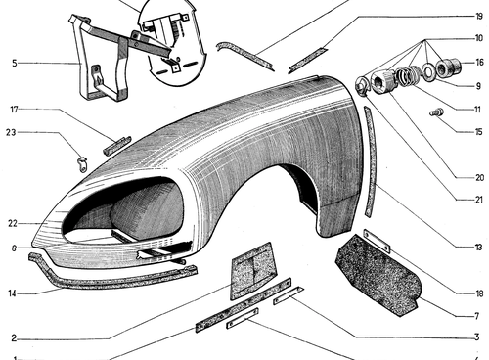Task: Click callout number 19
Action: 478,17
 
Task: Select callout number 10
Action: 478,38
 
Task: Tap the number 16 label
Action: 479,63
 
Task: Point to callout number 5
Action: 15,63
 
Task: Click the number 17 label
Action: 14,110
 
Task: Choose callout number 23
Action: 11,132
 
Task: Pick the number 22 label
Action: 13,224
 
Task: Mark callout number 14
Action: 12,293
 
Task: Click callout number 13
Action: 478,247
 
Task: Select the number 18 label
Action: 479,293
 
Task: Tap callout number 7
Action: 477,316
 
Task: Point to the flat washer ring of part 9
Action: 427,71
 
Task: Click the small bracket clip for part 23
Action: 83,163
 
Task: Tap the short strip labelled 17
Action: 116,146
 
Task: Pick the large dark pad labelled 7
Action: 378,276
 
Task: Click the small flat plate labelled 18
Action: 377,241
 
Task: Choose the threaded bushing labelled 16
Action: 448,67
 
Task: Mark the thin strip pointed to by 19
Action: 308,61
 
